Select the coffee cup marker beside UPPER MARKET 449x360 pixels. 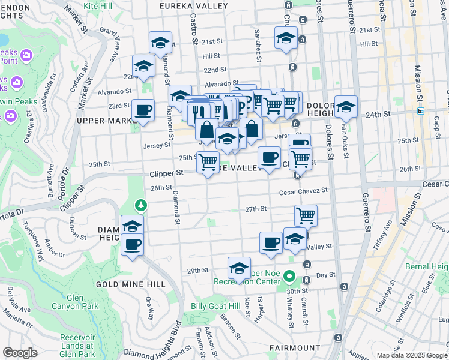tap(143, 111)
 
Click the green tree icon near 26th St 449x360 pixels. tap(141, 206)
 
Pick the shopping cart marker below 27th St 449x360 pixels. tap(306, 215)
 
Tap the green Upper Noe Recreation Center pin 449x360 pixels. tap(289, 277)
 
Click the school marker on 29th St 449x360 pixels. tap(239, 268)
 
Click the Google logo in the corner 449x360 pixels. tap(20, 353)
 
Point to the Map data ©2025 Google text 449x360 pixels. tap(412, 355)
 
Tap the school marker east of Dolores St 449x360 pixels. tap(346, 107)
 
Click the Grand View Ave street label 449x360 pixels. tap(110, 45)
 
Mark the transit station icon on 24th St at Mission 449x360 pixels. tap(421, 111)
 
